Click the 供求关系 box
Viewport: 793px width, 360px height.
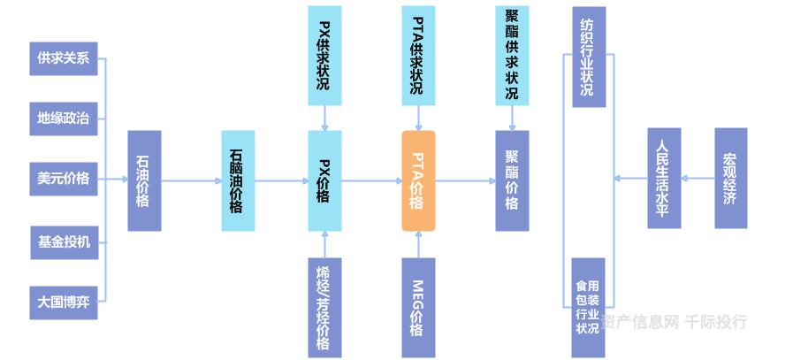64,58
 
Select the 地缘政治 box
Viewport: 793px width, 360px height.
64,119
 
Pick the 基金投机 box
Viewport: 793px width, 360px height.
64,241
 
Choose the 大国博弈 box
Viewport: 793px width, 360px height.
64,302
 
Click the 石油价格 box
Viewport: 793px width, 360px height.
144,180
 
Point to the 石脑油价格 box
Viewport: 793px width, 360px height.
237,180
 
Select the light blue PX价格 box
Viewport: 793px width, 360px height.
324,180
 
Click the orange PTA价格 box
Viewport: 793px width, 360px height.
418,180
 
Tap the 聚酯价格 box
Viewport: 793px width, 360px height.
512,180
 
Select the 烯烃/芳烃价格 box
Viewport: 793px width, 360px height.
324,307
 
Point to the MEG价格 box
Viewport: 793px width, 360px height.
418,307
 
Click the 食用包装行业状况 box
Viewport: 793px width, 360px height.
588,307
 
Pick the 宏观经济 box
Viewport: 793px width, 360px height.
730,179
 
